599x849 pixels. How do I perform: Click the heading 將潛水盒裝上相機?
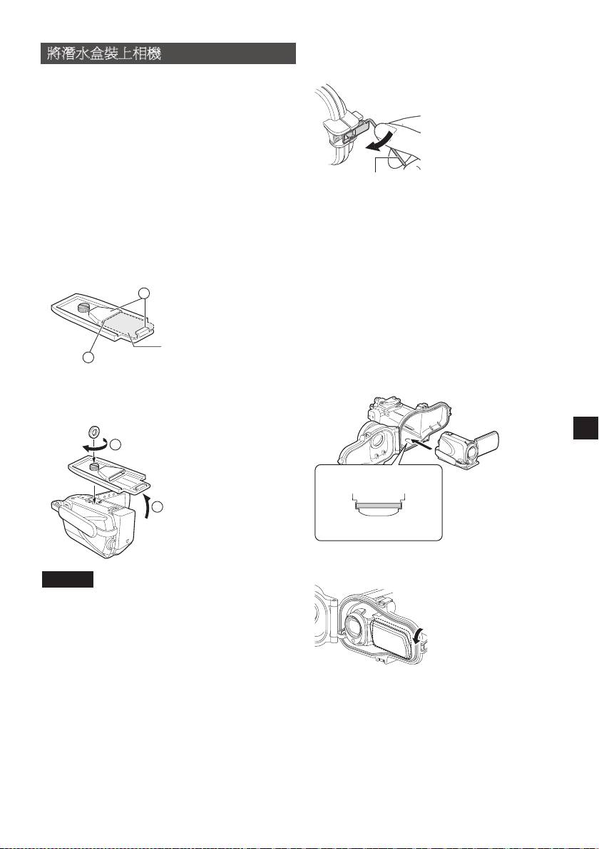pyautogui.click(x=103, y=54)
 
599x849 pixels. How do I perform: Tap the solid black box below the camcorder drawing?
pyautogui.click(x=68, y=579)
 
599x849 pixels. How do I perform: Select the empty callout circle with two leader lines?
pyautogui.click(x=143, y=293)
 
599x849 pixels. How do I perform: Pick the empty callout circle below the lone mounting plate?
pyautogui.click(x=88, y=358)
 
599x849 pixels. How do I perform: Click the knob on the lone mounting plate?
pyautogui.click(x=83, y=308)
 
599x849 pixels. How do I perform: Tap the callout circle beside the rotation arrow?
pyautogui.click(x=116, y=444)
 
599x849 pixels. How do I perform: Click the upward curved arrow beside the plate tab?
pyautogui.click(x=145, y=506)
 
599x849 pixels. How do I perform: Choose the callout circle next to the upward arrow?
pyautogui.click(x=157, y=507)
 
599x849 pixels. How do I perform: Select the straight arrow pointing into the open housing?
pyautogui.click(x=421, y=445)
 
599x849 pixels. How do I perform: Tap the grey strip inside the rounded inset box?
pyautogui.click(x=378, y=505)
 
